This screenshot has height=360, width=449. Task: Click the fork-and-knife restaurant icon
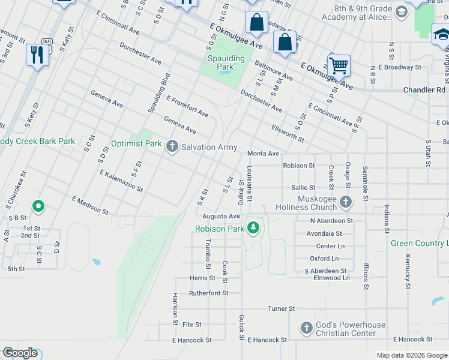37,55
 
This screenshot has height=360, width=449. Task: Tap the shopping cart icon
339,65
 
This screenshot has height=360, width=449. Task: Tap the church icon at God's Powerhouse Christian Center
306,328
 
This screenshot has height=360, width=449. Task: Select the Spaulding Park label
226,62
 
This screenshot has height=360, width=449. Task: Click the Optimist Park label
136,144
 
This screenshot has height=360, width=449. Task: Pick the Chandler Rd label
424,90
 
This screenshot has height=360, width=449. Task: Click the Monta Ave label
264,154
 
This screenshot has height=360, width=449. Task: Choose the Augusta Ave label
221,216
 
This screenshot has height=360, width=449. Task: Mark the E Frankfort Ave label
187,106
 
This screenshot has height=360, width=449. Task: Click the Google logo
20,353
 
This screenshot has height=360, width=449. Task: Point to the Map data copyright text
411,355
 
